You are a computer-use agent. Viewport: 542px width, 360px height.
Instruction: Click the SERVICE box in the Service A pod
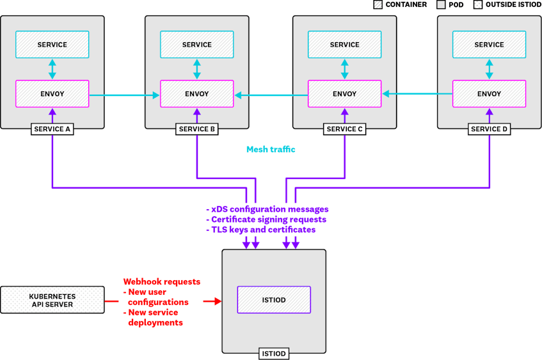tap(52, 45)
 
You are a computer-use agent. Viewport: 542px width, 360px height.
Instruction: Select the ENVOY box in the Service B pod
tap(196, 93)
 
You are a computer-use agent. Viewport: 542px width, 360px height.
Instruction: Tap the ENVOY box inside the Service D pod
tap(489, 93)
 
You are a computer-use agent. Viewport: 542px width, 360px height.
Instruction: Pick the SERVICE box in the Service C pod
tap(345, 45)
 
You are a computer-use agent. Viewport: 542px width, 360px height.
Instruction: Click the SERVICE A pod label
tap(52, 129)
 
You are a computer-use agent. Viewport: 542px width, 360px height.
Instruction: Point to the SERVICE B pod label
tap(196, 129)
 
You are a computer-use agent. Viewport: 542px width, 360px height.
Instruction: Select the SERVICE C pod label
tap(345, 129)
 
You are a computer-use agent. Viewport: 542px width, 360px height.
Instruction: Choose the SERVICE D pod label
tap(489, 129)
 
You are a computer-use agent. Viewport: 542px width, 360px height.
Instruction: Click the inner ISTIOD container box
tap(274, 299)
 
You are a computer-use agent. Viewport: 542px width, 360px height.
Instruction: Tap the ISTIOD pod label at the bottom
tap(274, 354)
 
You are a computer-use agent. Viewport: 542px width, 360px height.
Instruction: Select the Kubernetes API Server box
tap(52, 300)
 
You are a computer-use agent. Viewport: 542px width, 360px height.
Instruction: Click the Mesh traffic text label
tap(271, 150)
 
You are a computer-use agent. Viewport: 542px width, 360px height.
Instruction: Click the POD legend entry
tap(451, 4)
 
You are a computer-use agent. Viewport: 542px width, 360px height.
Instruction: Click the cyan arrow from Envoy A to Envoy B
tap(124, 96)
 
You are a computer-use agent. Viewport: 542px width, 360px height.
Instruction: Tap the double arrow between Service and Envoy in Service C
tap(345, 69)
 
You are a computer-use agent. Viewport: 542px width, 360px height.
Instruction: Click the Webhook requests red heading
tap(162, 281)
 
